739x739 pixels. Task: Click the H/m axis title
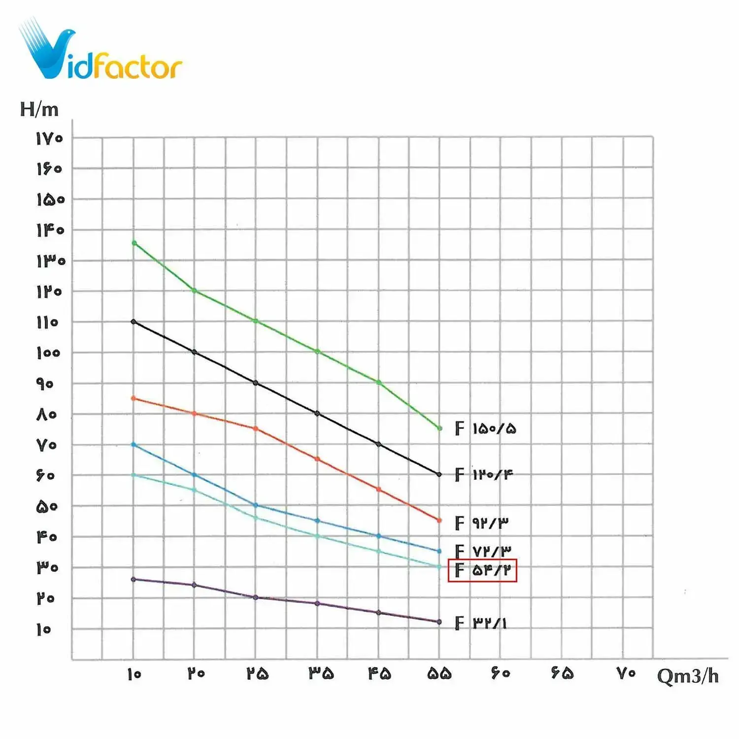[39, 109]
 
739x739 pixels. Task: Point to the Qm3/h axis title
[688, 676]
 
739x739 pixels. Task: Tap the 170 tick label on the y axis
[49, 138]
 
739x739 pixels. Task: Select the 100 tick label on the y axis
[48, 353]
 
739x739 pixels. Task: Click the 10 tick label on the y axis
[44, 629]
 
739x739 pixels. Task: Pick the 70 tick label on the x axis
[626, 673]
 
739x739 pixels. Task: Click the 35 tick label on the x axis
[321, 673]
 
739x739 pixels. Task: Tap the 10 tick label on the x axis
[134, 674]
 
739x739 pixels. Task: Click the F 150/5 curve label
[485, 429]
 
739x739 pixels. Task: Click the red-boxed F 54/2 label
[482, 571]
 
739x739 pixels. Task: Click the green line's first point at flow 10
[134, 243]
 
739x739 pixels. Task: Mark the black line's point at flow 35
[317, 413]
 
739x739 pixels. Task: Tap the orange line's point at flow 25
[256, 429]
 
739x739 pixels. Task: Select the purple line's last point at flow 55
[439, 622]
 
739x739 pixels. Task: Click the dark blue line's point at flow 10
[134, 444]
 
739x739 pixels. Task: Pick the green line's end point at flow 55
[440, 428]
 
